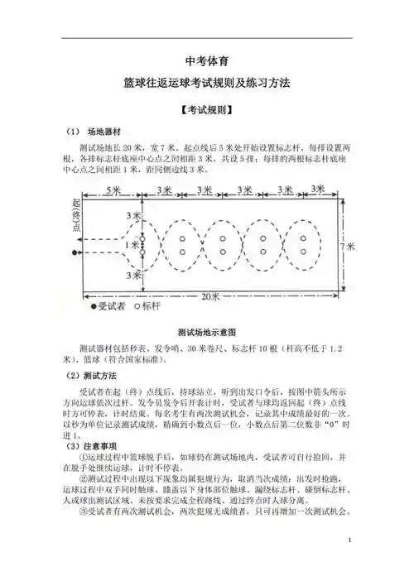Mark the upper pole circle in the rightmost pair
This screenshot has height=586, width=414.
pos(303,238)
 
